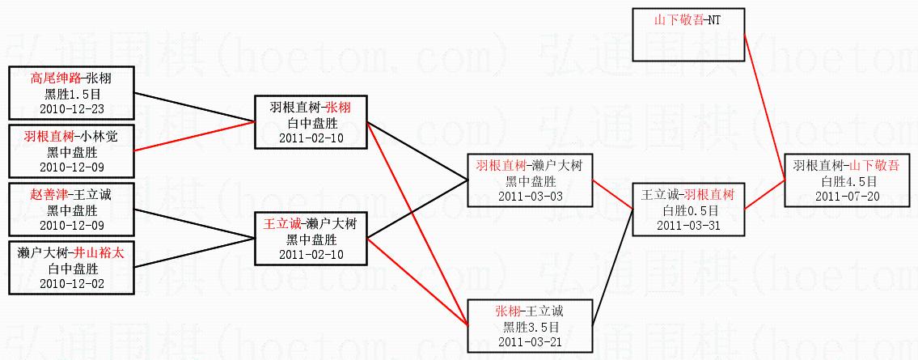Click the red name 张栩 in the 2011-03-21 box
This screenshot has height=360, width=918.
[506, 311]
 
